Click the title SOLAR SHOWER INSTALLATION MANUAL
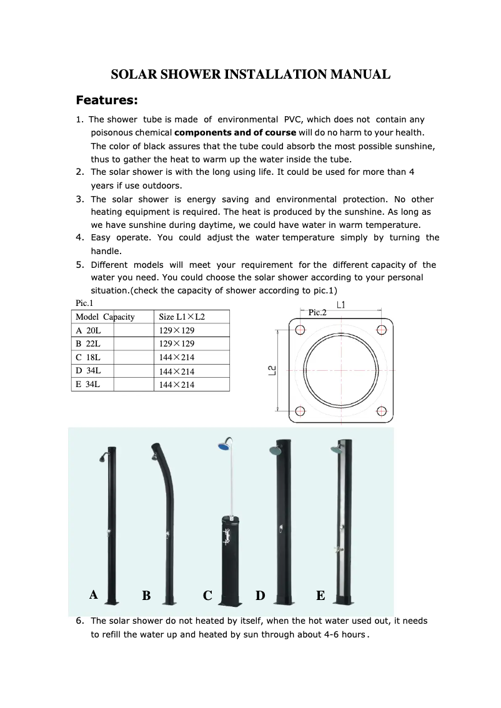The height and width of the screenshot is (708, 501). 250,74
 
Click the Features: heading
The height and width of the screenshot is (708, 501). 106,101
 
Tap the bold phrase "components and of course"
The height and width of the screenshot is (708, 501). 235,132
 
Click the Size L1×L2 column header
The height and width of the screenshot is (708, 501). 182,317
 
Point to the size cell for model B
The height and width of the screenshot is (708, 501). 176,344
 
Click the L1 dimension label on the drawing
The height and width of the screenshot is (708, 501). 341,305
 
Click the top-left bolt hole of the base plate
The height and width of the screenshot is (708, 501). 300,330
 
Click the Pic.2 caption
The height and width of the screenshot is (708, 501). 317,313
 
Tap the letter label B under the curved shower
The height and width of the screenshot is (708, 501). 146,596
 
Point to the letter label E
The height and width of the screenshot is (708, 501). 320,596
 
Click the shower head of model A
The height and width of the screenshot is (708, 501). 100,460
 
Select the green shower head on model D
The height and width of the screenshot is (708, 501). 274,450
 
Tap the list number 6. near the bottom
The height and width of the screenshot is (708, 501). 80,621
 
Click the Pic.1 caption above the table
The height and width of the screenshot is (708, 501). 84,303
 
